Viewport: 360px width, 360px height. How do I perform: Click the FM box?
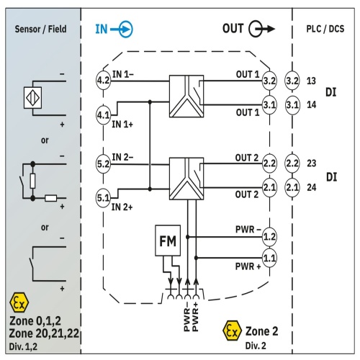click(168, 240)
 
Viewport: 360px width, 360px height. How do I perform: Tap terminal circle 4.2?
click(103, 81)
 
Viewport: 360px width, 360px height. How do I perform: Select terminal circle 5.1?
click(103, 198)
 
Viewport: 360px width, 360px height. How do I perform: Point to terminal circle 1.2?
click(269, 237)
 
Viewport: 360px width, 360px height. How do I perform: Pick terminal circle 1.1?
click(269, 258)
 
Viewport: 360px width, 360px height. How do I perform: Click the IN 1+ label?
click(122, 125)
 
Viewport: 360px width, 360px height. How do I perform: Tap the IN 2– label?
click(122, 158)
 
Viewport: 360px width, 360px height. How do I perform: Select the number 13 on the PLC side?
click(311, 81)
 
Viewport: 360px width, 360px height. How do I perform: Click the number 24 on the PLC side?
click(312, 187)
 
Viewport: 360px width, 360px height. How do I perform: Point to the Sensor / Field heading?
click(40, 29)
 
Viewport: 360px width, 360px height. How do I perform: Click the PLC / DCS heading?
click(325, 29)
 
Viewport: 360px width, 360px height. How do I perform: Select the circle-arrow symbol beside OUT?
click(261, 29)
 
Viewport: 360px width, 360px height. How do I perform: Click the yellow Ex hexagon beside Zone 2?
click(232, 331)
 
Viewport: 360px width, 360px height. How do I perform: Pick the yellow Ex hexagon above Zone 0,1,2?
click(19, 302)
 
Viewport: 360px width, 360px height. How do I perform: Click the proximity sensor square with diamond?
click(32, 98)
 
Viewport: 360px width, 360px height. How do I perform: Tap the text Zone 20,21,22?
click(44, 333)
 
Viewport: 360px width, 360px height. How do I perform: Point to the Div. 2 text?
click(256, 346)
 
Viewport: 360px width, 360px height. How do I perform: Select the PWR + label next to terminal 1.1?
click(248, 266)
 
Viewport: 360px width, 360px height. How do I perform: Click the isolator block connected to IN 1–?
click(186, 96)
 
